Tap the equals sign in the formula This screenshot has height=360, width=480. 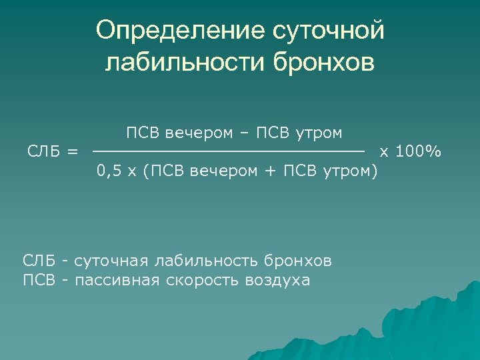pos(72,152)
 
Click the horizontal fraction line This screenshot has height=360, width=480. pos(228,153)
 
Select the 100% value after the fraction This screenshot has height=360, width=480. pos(419,152)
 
